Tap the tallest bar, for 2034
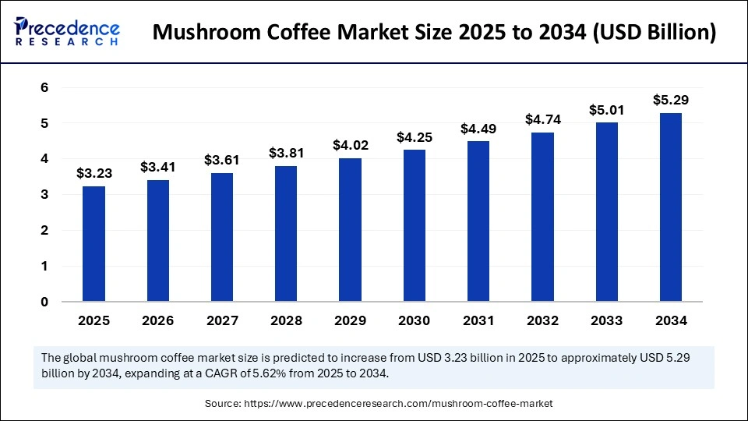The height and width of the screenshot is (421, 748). [671, 207]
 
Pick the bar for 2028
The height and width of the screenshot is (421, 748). [286, 233]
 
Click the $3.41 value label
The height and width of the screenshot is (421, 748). [157, 167]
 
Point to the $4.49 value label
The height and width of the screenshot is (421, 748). [478, 128]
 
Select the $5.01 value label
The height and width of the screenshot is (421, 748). [607, 110]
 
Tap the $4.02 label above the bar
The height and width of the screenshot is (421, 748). [350, 145]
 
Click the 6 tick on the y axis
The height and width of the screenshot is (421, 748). [44, 88]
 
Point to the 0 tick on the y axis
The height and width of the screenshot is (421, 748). [44, 302]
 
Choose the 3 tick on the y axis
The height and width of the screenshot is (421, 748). [44, 195]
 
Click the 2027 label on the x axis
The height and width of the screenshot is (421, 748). [222, 320]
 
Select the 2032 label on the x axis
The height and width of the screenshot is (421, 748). [543, 320]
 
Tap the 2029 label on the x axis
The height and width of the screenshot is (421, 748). [350, 320]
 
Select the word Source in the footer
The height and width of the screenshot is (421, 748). [223, 404]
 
